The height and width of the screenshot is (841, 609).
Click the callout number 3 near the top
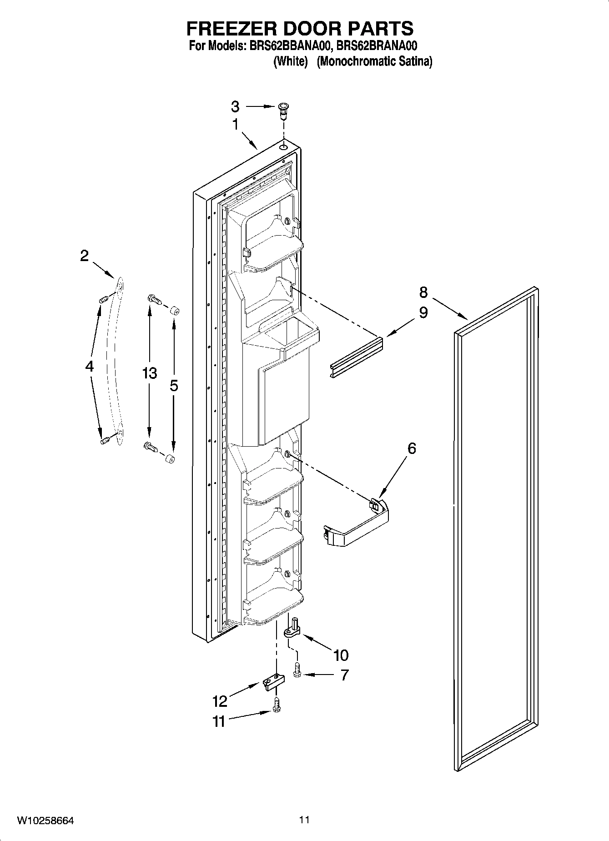pos(235,107)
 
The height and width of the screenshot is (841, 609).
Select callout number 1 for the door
pos(235,124)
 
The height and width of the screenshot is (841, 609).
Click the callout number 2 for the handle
pos(85,256)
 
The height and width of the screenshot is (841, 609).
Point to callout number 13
pos(149,373)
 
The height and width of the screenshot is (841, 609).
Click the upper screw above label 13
pos(154,299)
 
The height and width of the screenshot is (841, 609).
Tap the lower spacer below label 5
pos(171,459)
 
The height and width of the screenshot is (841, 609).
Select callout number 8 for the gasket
pos(423,292)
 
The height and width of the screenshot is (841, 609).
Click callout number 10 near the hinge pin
pos(341,655)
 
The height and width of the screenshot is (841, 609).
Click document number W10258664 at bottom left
pos(45,821)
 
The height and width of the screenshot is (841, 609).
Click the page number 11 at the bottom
pos(304,820)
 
